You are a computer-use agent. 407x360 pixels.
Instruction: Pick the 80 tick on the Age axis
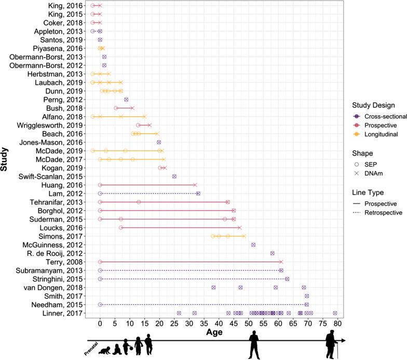pyautogui.click(x=338, y=323)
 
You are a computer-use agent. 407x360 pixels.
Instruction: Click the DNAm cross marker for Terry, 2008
pyautogui.click(x=281, y=262)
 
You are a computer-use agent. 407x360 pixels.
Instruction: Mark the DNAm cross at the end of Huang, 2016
pyautogui.click(x=195, y=185)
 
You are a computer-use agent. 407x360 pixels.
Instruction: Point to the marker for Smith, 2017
pyautogui.click(x=306, y=296)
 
